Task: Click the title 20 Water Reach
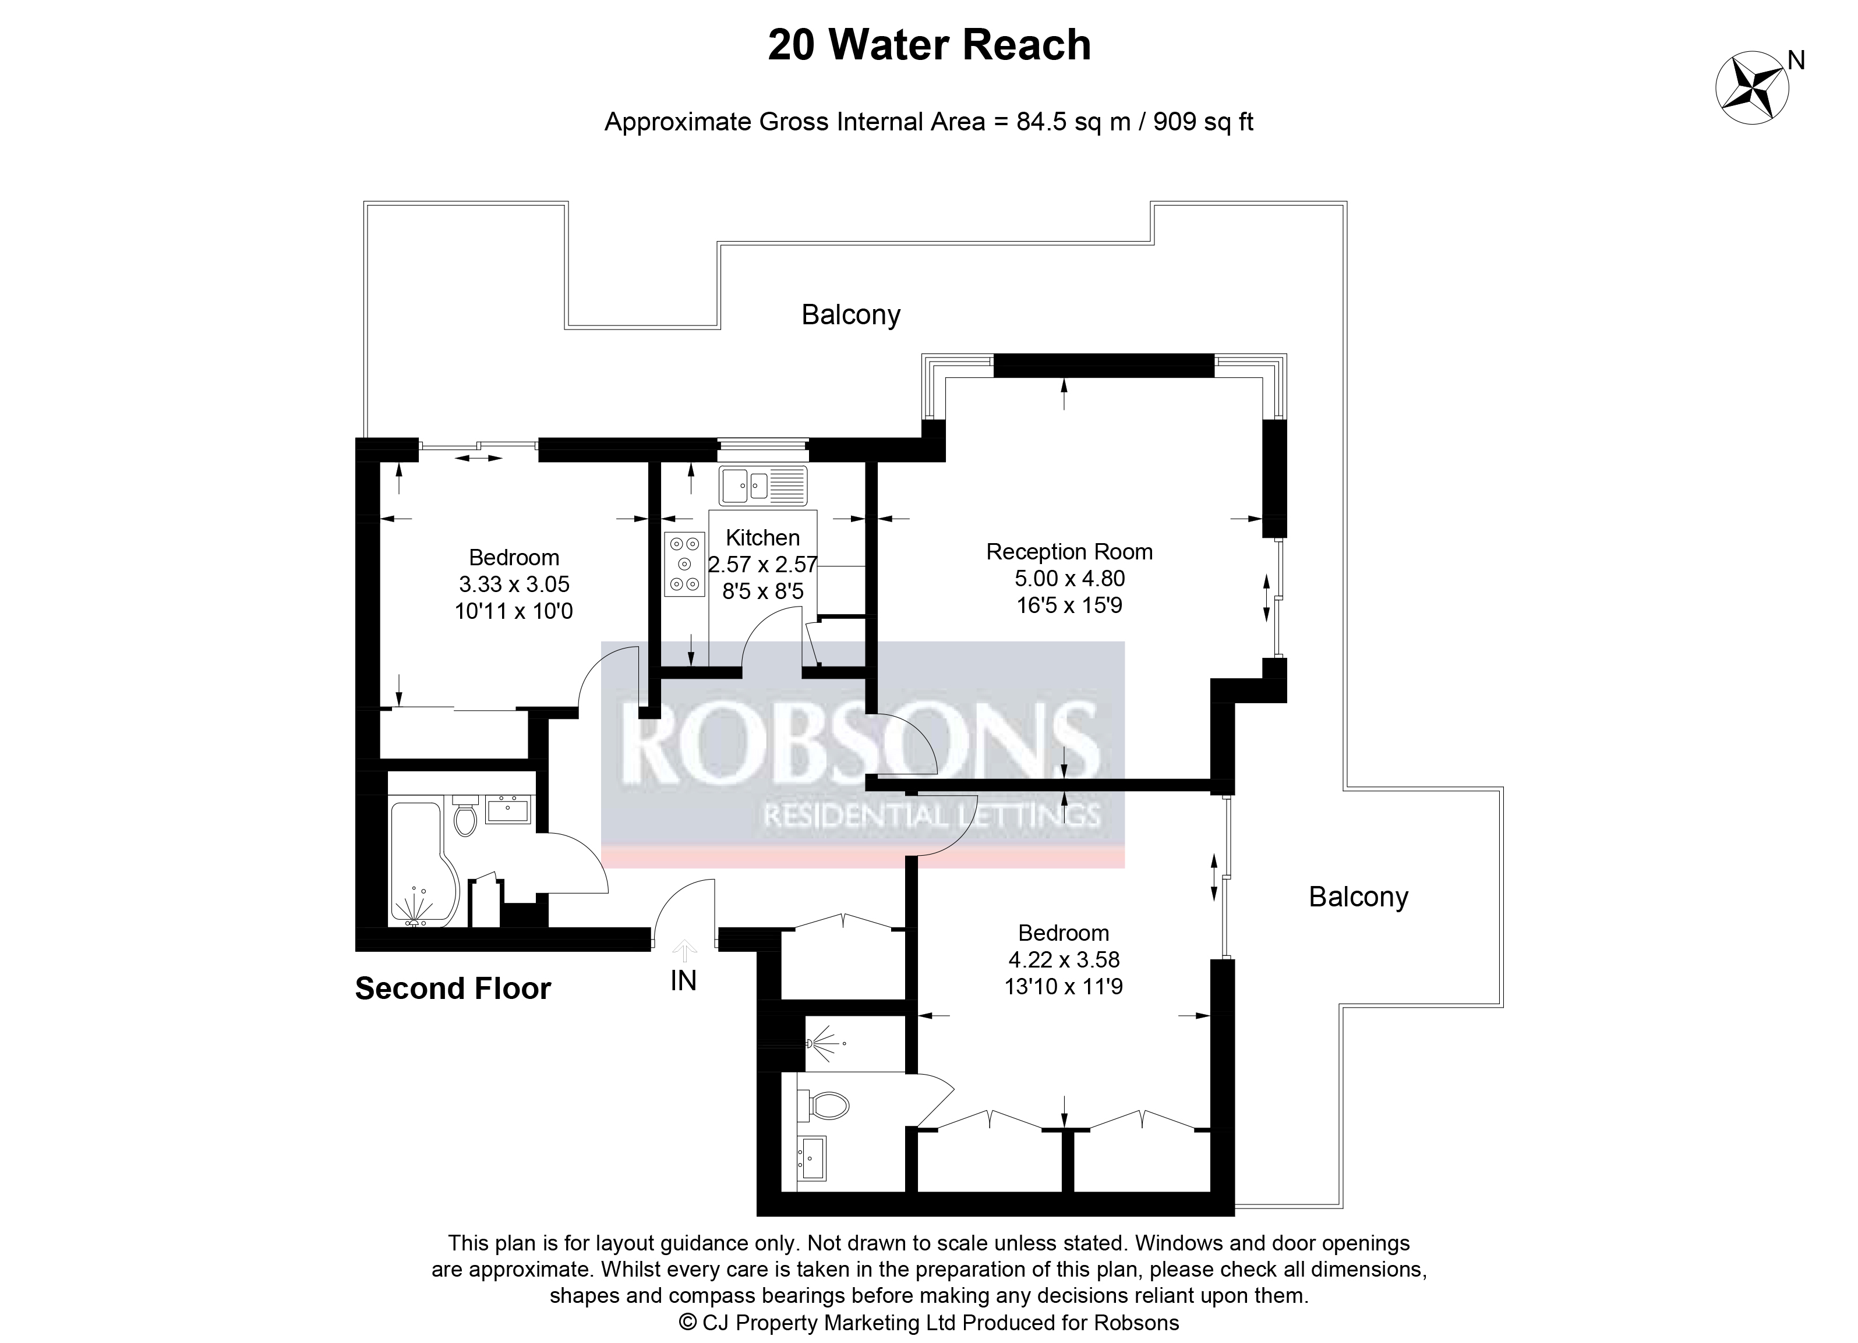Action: [929, 45]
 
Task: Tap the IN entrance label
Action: [683, 980]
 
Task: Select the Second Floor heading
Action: [453, 988]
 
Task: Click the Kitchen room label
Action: [762, 538]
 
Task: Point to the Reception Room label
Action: [1069, 552]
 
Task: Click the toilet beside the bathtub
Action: [465, 813]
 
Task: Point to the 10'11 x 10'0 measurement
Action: [514, 611]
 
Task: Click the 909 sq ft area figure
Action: [1203, 122]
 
